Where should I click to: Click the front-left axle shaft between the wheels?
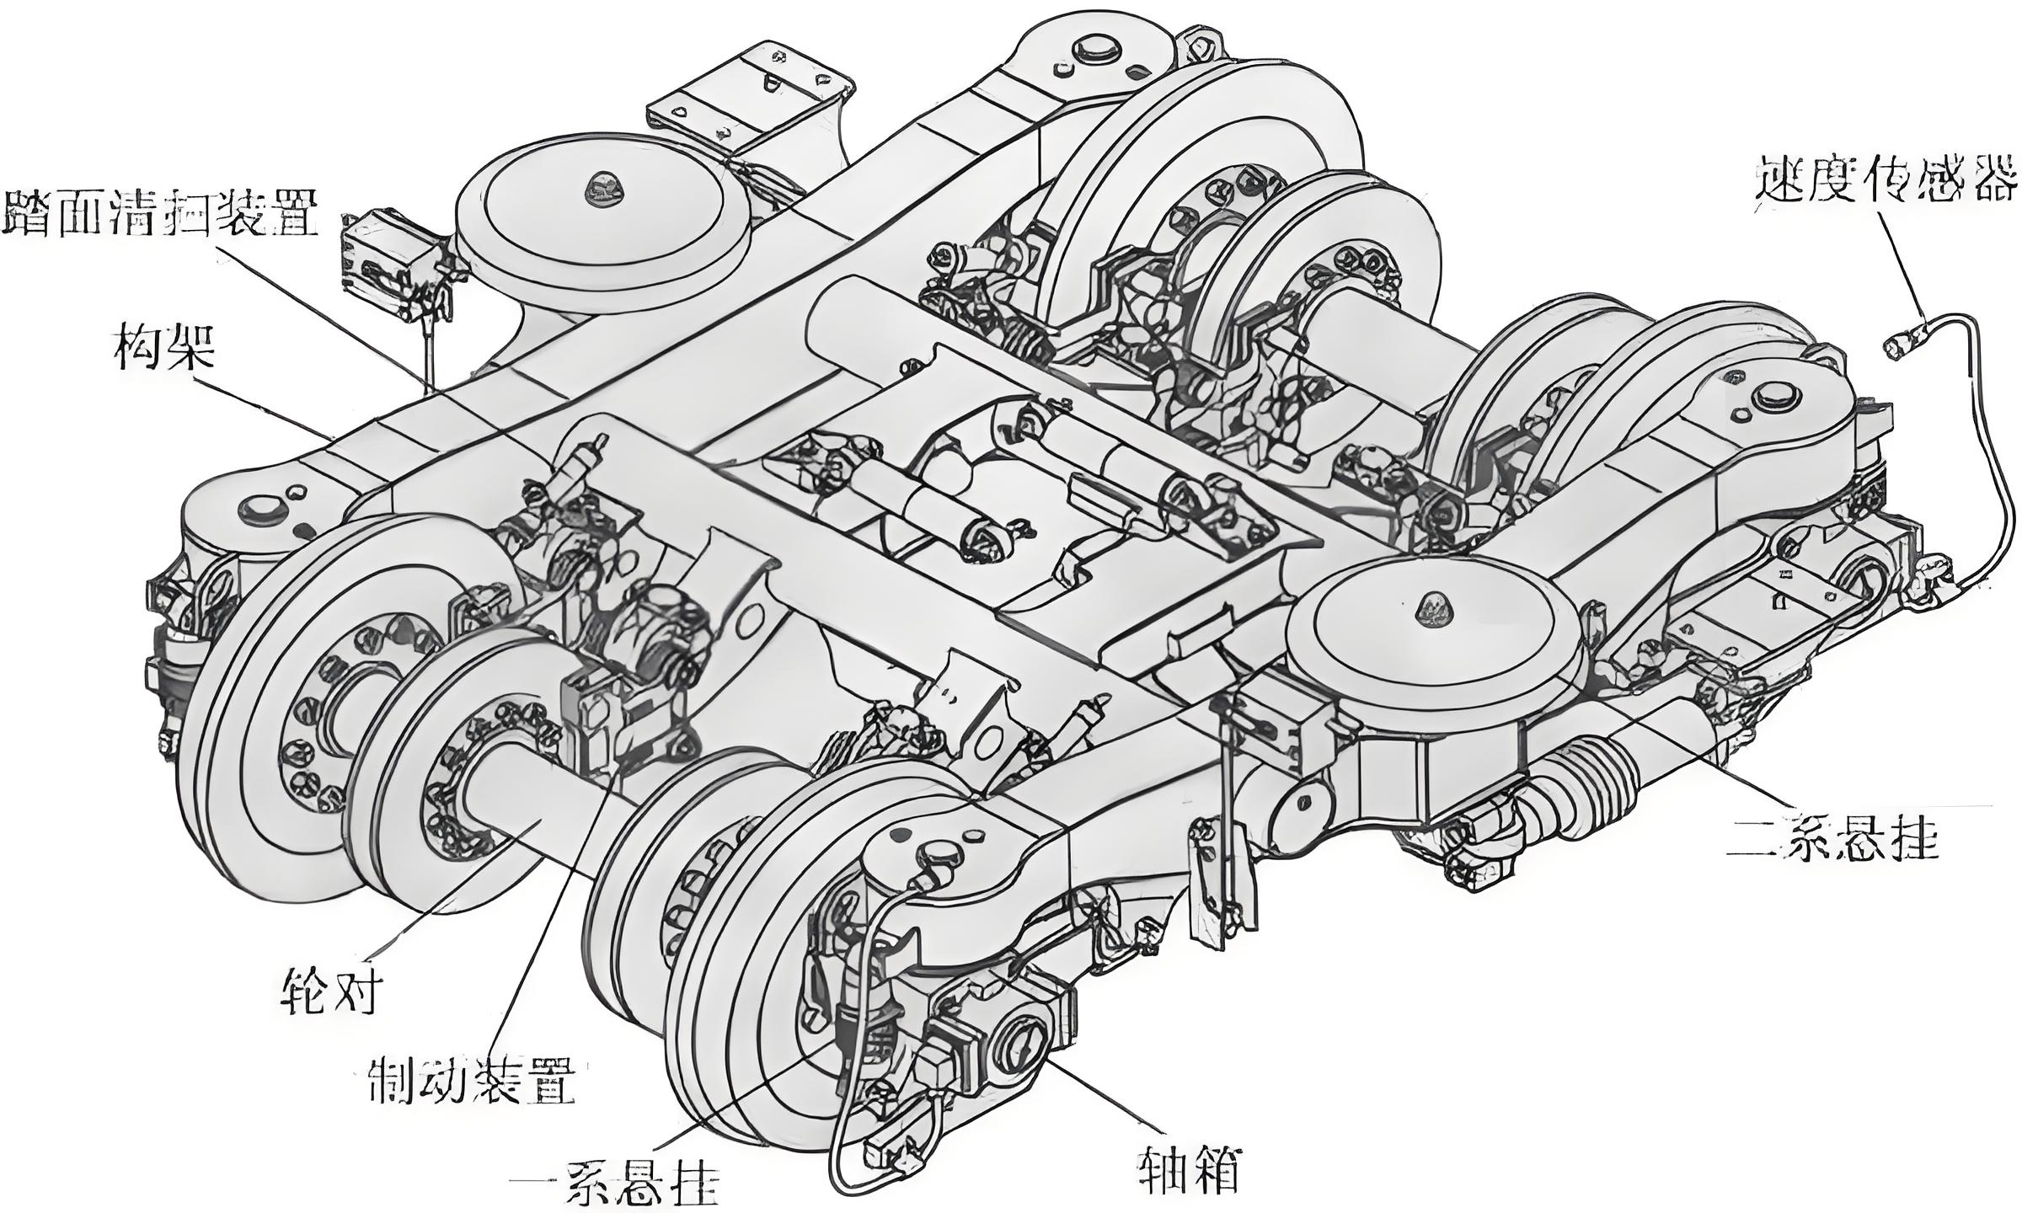pyautogui.click(x=522, y=809)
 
